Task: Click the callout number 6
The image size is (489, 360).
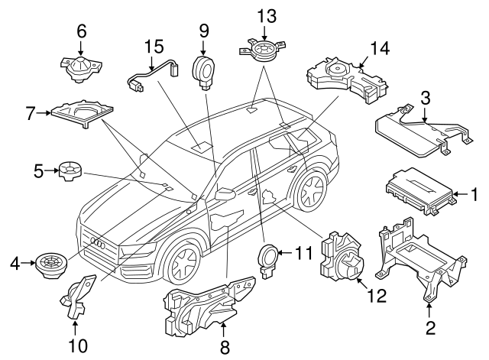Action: [x=82, y=32]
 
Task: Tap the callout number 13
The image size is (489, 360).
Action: [x=264, y=15]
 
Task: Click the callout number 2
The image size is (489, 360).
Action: [x=429, y=329]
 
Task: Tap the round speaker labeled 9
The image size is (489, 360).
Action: [x=205, y=70]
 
